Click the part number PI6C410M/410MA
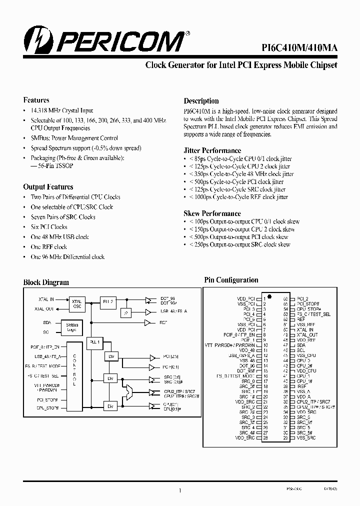pyautogui.click(x=299, y=47)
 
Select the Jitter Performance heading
pyautogui.click(x=212, y=150)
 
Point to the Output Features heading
pyautogui.click(x=48, y=187)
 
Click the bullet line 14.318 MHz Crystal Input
pyautogui.click(x=61, y=110)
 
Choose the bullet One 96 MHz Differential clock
pyautogui.click(x=67, y=257)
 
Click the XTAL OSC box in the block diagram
pyautogui.click(x=77, y=304)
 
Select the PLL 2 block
pyautogui.click(x=108, y=302)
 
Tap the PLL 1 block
pyautogui.click(x=93, y=342)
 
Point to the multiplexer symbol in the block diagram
pyautogui.click(x=130, y=392)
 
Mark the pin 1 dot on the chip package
pyautogui.click(x=269, y=295)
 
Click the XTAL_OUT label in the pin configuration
pyautogui.click(x=305, y=335)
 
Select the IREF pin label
pyautogui.click(x=301, y=386)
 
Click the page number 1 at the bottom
pyautogui.click(x=179, y=491)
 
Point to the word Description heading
pyautogui.click(x=201, y=101)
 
